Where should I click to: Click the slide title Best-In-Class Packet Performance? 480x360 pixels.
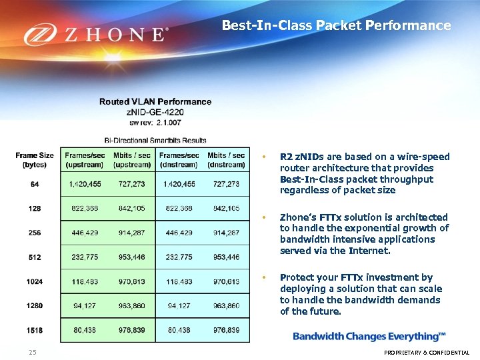point(336,26)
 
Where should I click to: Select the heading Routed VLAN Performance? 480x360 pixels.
point(155,102)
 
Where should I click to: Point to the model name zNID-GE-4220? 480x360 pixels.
point(155,112)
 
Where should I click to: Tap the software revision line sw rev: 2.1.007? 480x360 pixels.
point(155,122)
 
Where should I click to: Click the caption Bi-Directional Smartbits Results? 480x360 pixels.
point(155,140)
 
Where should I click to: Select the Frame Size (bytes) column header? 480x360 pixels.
point(35,160)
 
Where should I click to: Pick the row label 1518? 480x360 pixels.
point(35,329)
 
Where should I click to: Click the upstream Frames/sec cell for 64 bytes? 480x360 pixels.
point(85,184)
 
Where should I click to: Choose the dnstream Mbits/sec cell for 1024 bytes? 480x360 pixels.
point(226,281)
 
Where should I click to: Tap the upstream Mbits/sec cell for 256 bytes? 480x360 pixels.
point(132,233)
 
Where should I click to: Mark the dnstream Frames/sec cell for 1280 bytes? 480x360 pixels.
point(179,305)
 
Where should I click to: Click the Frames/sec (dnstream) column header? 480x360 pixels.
point(179,160)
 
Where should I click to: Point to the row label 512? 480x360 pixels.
point(35,257)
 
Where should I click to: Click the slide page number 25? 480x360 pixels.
point(33,352)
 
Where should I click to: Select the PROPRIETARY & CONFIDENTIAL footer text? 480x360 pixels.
point(427,353)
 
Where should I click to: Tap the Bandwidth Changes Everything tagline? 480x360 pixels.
point(369,336)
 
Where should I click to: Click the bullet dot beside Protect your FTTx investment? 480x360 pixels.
point(265,277)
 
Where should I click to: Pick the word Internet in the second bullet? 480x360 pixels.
point(369,251)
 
